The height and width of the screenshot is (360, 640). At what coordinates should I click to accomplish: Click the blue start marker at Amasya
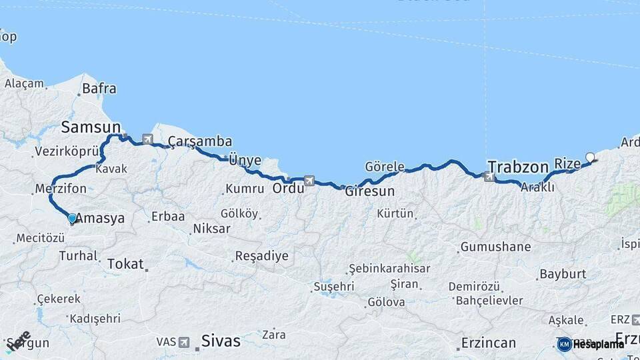72,218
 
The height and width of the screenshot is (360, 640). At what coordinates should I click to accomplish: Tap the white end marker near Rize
589,158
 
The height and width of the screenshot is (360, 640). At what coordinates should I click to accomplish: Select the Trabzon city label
517,166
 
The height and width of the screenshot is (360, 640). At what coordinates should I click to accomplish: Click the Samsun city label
91,127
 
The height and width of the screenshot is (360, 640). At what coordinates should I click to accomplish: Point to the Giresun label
369,191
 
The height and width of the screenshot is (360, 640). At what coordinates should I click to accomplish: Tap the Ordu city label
288,188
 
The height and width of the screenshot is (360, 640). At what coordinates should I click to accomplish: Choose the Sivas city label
221,341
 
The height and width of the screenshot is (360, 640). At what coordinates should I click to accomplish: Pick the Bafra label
99,89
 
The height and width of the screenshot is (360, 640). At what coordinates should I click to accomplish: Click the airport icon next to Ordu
309,180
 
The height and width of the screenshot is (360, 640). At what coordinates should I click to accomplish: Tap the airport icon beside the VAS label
183,342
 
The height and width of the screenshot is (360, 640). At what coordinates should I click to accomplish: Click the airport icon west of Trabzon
490,177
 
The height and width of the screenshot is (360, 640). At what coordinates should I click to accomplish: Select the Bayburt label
563,273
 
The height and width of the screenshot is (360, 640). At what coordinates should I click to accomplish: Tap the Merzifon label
61,189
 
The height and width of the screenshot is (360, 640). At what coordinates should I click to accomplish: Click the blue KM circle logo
564,344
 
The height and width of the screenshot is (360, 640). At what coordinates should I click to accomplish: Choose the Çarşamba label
200,141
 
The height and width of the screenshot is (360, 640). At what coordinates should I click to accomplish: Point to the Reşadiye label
261,256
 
